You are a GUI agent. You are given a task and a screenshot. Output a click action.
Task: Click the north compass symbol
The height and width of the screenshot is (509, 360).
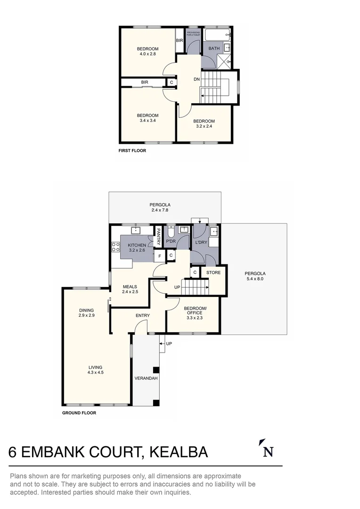[267, 449]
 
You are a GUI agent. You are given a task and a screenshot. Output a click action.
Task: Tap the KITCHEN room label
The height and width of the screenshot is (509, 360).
[137, 245]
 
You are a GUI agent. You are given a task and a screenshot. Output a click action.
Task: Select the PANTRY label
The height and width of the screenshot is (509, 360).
[159, 236]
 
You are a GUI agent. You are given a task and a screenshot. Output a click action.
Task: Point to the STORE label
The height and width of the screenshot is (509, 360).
[213, 272]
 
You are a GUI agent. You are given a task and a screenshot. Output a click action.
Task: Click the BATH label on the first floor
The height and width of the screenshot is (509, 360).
[214, 49]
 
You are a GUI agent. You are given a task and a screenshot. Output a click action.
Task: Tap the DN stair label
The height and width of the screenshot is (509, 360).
[197, 79]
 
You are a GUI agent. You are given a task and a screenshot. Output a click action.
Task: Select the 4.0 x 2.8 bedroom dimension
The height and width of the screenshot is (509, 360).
[147, 54]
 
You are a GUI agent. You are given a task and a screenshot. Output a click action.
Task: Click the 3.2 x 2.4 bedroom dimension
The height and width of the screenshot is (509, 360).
[204, 126]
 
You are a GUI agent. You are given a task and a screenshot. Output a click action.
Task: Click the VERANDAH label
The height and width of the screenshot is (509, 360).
[146, 378]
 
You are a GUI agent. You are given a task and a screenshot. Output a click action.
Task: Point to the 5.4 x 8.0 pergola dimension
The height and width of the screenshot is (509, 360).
[255, 279]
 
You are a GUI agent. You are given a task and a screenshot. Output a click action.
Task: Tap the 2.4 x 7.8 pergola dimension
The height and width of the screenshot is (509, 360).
[160, 210]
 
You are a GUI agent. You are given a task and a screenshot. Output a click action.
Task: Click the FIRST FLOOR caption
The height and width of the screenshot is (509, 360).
[132, 151]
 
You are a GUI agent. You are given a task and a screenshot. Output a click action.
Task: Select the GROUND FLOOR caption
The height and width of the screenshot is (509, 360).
[79, 413]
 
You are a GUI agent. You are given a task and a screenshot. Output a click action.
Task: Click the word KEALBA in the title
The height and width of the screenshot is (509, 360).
[179, 452]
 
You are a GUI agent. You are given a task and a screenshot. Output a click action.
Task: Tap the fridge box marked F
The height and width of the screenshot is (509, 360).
[159, 256]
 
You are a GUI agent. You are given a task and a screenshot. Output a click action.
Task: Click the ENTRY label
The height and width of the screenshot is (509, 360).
[142, 315]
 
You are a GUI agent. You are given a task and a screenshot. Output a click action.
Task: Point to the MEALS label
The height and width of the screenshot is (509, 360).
[130, 286]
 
